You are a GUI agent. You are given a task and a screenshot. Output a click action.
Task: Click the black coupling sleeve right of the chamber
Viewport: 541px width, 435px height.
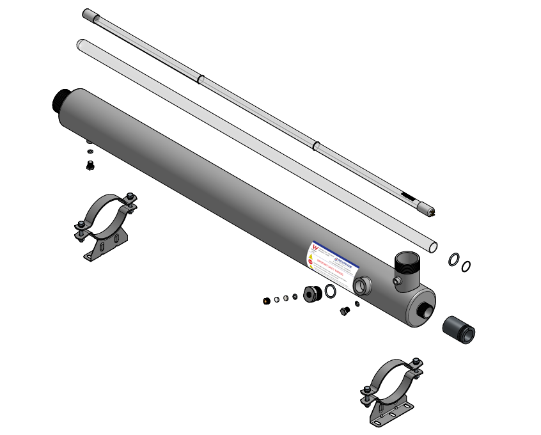[459, 329]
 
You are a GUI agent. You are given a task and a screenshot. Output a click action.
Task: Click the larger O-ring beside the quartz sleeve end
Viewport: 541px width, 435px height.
[453, 259]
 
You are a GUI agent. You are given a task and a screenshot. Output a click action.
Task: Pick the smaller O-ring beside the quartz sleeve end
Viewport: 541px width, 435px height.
[466, 265]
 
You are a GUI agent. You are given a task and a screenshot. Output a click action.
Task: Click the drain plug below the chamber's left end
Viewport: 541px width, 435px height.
[90, 165]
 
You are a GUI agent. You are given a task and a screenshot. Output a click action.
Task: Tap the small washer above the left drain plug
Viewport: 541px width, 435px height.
[90, 151]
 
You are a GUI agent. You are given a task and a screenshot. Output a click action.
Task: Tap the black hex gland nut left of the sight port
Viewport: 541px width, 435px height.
[313, 294]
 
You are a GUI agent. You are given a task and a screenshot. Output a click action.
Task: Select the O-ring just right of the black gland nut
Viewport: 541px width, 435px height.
[330, 292]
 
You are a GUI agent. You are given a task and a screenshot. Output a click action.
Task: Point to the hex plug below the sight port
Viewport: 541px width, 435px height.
[345, 312]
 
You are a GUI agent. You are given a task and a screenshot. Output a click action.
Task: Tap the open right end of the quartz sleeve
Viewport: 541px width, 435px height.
[433, 246]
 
